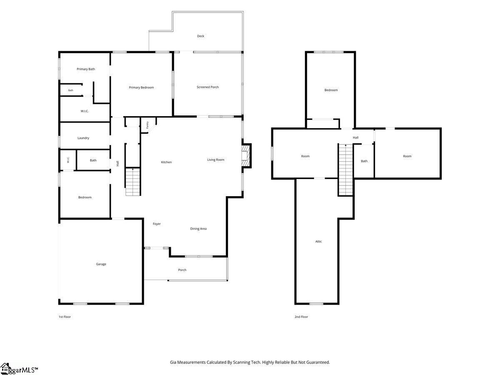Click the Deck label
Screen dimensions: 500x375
click(x=200, y=36)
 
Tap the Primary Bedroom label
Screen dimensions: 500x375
click(x=141, y=87)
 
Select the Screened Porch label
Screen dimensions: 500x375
click(x=207, y=87)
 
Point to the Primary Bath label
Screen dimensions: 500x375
click(x=86, y=69)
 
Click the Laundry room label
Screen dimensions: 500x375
click(x=83, y=138)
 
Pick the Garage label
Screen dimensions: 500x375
click(x=101, y=264)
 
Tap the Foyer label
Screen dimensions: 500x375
click(x=157, y=224)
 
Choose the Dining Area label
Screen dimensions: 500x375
click(x=198, y=229)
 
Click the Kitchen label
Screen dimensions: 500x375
click(x=166, y=162)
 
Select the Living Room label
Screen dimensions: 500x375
click(x=215, y=160)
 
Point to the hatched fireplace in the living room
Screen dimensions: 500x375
click(x=246, y=156)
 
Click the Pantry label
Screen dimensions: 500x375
click(x=147, y=125)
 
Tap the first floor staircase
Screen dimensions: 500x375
click(x=133, y=182)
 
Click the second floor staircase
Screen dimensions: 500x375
click(x=345, y=170)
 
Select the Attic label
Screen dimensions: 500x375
click(x=318, y=241)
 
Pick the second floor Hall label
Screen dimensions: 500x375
click(x=355, y=137)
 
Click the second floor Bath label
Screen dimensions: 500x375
click(x=364, y=161)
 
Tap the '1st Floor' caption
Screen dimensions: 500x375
click(x=65, y=317)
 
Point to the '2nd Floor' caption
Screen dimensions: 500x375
click(x=301, y=317)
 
